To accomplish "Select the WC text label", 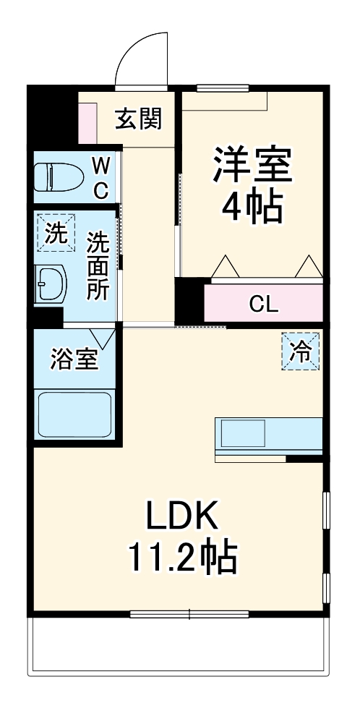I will coord(101,179).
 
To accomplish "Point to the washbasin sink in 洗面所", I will coord(50,284).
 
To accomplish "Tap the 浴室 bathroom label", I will coord(74,359).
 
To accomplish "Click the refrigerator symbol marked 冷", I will coord(299,351).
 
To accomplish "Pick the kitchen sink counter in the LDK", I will coord(267,436).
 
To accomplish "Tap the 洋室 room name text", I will coord(252,166).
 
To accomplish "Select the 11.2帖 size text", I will coord(181,558).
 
